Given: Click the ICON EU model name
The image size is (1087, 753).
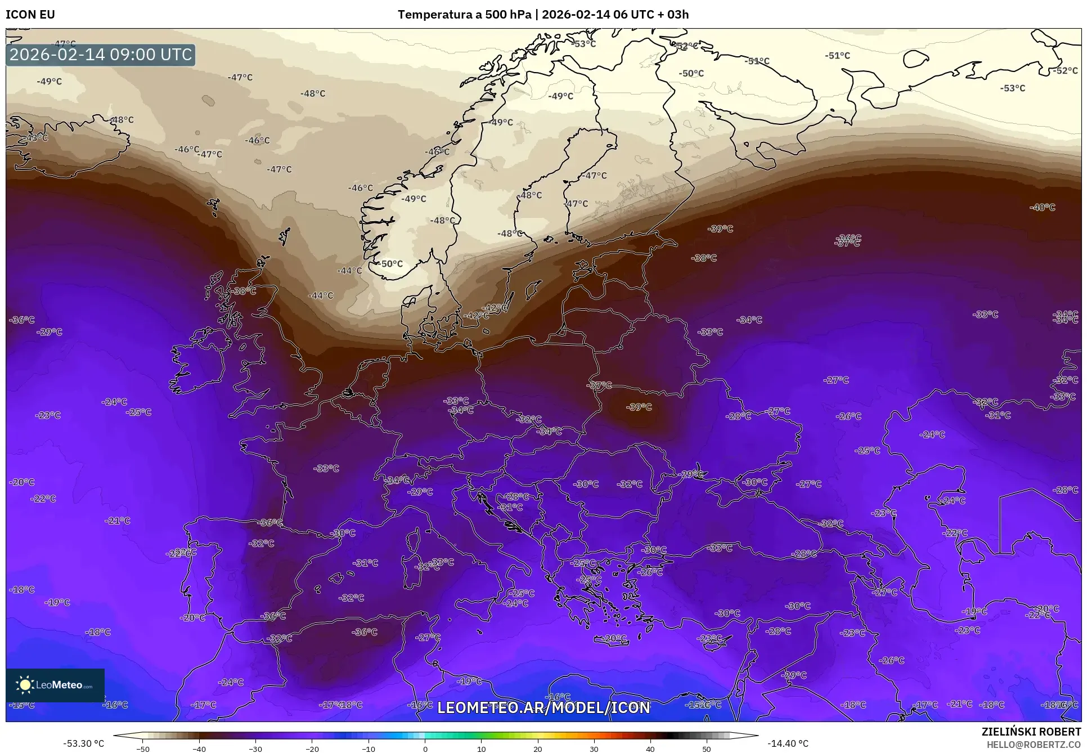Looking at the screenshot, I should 30,15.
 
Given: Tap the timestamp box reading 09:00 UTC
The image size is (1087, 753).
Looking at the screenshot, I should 101,55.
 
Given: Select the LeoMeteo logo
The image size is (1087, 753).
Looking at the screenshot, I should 55,685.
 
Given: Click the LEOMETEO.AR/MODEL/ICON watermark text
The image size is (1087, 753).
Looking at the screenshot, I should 543,707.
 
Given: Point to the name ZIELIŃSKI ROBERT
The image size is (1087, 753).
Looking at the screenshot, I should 1031,732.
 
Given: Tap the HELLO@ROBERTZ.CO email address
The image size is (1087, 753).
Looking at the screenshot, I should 1034,744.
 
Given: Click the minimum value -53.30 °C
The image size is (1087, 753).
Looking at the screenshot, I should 84,743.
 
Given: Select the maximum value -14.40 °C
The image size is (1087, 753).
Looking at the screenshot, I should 788,743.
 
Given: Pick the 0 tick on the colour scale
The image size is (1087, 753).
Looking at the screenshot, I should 425,749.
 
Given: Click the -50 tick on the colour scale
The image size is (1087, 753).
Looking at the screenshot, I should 143,749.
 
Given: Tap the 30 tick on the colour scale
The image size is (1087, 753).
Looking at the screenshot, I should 594,749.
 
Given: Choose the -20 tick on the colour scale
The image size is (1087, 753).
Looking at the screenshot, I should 312,749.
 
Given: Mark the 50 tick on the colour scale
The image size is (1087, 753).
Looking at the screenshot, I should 707,749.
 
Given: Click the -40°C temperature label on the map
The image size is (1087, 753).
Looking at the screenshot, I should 1042,207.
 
